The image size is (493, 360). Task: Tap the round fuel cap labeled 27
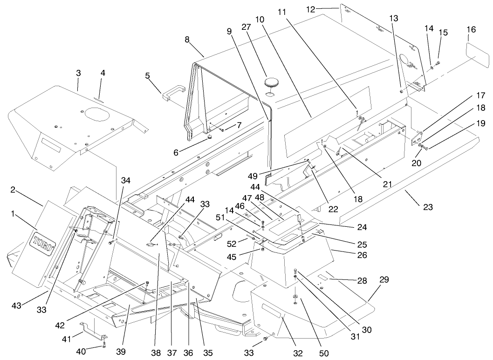[x=271, y=84]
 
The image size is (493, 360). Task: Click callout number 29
[x=384, y=280]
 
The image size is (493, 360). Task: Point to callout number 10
[x=260, y=20]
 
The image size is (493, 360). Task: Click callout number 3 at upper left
[x=78, y=73]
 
